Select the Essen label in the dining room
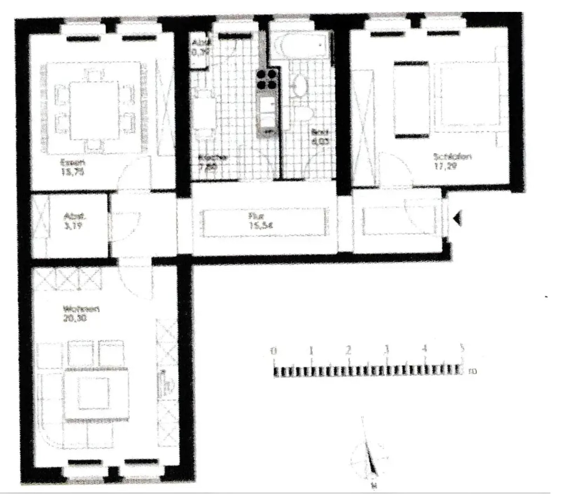point(73,163)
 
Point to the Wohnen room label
point(81,310)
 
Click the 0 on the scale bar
point(274,350)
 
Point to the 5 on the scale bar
point(462,348)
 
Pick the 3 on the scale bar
point(386,349)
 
